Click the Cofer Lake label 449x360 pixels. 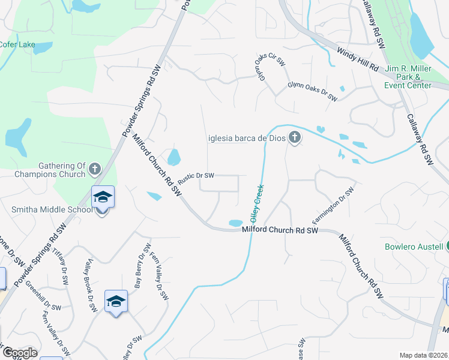click(17, 44)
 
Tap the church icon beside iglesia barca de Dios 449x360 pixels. click(294, 139)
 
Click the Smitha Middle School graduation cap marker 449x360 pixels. click(103, 197)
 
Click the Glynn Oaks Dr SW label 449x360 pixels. click(312, 94)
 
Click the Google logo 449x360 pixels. click(19, 353)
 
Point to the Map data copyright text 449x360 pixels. click(424, 355)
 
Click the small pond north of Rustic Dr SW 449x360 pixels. click(174, 158)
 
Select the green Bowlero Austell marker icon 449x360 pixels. click(447, 247)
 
